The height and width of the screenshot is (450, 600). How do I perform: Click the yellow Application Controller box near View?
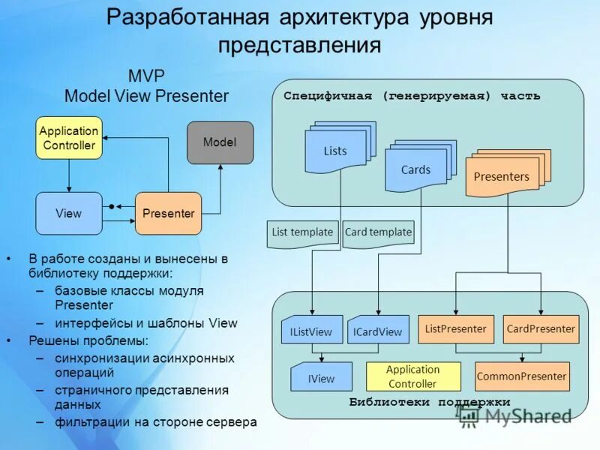click(x=68, y=138)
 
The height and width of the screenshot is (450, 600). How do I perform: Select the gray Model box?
click(x=220, y=142)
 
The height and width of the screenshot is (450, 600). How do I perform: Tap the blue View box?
click(x=68, y=213)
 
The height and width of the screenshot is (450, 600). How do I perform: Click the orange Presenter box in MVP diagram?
click(x=169, y=213)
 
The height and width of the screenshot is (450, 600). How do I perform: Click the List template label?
click(x=302, y=232)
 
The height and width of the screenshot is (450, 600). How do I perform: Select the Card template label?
click(x=379, y=232)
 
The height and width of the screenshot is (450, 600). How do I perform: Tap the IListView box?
click(x=311, y=330)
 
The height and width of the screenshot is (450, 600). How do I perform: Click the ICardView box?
click(x=378, y=330)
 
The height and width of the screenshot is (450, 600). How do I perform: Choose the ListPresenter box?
click(x=455, y=328)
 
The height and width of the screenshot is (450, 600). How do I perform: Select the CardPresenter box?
click(x=541, y=328)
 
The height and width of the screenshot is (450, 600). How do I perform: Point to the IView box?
click(x=321, y=377)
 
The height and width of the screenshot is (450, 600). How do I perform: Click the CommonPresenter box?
click(x=522, y=376)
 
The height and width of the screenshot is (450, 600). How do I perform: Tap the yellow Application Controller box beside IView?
click(x=412, y=376)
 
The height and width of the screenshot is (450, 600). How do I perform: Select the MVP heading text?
click(x=146, y=76)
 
